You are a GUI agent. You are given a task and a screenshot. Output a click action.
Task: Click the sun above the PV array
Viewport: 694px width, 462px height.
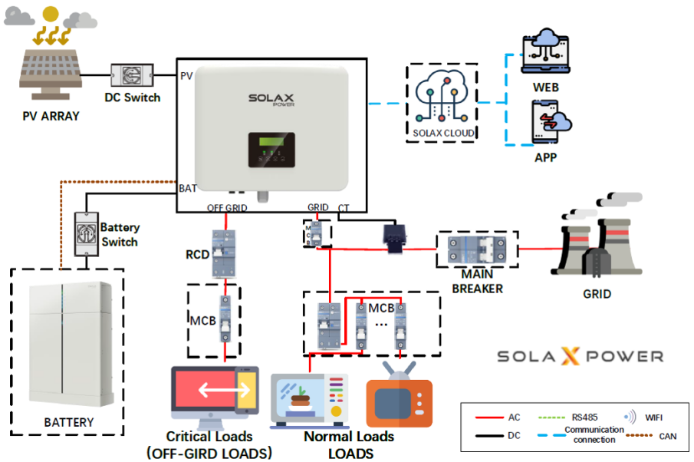pyautogui.click(x=51, y=13)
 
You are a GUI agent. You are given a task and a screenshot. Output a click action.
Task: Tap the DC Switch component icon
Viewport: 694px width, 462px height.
pyautogui.click(x=133, y=76)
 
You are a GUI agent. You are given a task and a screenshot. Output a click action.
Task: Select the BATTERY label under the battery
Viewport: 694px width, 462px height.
pyautogui.click(x=68, y=422)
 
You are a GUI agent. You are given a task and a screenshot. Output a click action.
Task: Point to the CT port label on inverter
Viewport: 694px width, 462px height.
pyautogui.click(x=344, y=208)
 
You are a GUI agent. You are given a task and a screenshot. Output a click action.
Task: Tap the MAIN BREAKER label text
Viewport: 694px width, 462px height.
pyautogui.click(x=477, y=281)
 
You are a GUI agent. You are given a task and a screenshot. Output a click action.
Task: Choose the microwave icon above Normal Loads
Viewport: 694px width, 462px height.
pyautogui.click(x=310, y=401)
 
